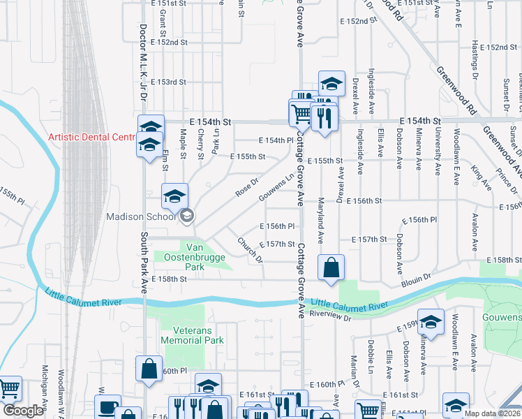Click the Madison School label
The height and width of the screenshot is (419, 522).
coord(140,216)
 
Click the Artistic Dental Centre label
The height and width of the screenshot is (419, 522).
coord(91,137)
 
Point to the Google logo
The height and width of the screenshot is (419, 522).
coord(22,411)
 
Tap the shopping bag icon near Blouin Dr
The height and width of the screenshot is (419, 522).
coord(331,267)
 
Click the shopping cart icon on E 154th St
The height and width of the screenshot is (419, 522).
coord(301,112)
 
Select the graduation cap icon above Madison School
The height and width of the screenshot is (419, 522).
coord(175,196)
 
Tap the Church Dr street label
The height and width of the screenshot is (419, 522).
coord(249,249)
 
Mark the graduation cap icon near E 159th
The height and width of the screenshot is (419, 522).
coord(431,322)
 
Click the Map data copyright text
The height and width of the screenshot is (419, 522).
coord(492,413)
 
